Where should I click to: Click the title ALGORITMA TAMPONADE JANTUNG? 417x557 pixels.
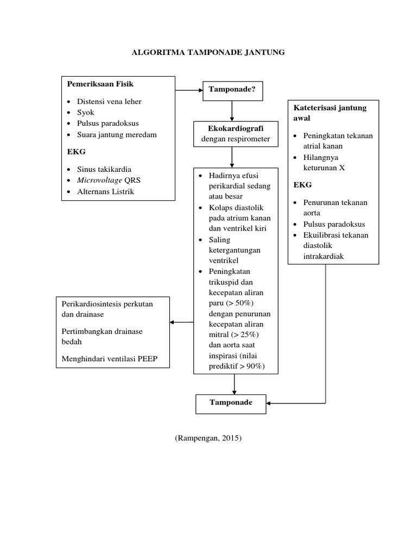point(208,52)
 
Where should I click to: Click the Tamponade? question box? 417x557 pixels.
point(232,89)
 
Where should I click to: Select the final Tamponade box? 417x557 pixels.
point(231,403)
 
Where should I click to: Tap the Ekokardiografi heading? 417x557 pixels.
point(232,128)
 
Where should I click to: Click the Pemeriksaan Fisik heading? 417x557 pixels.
point(100,84)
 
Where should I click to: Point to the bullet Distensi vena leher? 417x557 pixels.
point(109,101)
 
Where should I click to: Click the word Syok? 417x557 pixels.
point(85,112)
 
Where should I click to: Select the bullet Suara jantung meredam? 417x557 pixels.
point(117,134)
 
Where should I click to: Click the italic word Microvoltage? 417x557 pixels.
point(99,180)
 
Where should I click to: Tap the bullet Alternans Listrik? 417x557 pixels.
point(105,191)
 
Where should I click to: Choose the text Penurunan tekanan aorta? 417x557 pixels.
point(335,207)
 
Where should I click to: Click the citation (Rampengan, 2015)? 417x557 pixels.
point(208,438)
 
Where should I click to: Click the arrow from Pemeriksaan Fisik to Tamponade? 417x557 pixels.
point(188,89)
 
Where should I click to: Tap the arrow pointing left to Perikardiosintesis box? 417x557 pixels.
point(181,322)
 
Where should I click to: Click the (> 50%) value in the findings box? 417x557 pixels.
point(239,303)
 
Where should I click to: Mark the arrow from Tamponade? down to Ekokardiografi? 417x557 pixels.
point(232,111)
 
